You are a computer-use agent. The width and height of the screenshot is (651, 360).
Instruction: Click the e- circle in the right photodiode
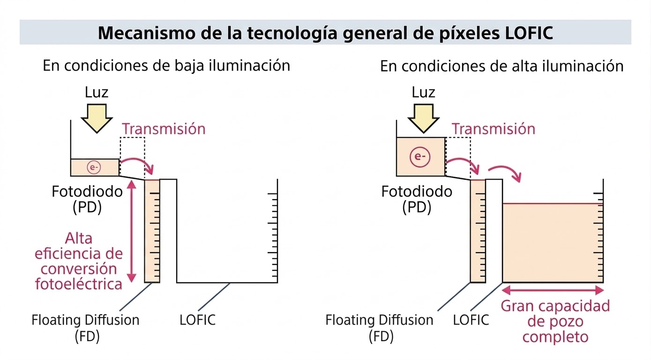(x=420, y=157)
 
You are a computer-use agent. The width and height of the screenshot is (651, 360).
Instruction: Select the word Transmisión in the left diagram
(x=164, y=128)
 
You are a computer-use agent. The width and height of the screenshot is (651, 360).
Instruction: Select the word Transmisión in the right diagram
(x=493, y=128)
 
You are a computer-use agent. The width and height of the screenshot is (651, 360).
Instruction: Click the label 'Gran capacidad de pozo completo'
(x=555, y=321)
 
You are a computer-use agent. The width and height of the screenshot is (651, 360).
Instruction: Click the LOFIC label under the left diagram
(x=197, y=321)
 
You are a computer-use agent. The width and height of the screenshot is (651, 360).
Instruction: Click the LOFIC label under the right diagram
(x=471, y=321)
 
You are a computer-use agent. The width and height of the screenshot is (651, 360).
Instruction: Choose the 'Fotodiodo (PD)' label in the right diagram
(x=417, y=199)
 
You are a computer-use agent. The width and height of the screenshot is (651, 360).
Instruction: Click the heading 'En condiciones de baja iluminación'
(x=166, y=66)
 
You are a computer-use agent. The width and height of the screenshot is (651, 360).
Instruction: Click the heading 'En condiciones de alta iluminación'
(x=501, y=66)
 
